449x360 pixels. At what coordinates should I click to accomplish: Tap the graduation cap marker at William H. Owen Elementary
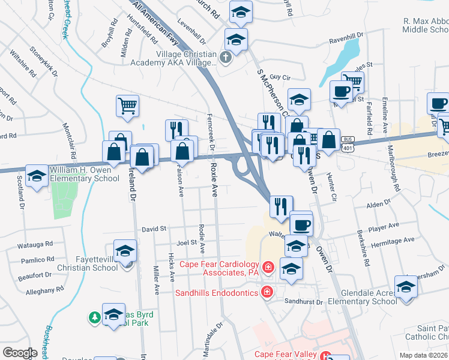click(37, 176)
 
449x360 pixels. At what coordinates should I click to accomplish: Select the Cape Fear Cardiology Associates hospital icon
click(268, 265)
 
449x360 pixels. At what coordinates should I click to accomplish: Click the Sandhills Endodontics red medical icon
click(268, 292)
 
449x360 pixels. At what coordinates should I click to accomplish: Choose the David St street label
click(154, 229)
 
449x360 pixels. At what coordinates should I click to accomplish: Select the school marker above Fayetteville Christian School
click(125, 251)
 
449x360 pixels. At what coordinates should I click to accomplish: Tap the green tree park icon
click(94, 316)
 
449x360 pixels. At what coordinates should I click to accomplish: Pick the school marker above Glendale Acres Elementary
click(406, 286)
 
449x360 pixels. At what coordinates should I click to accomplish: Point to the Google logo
click(20, 353)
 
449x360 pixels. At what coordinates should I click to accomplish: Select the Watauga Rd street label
click(36, 245)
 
